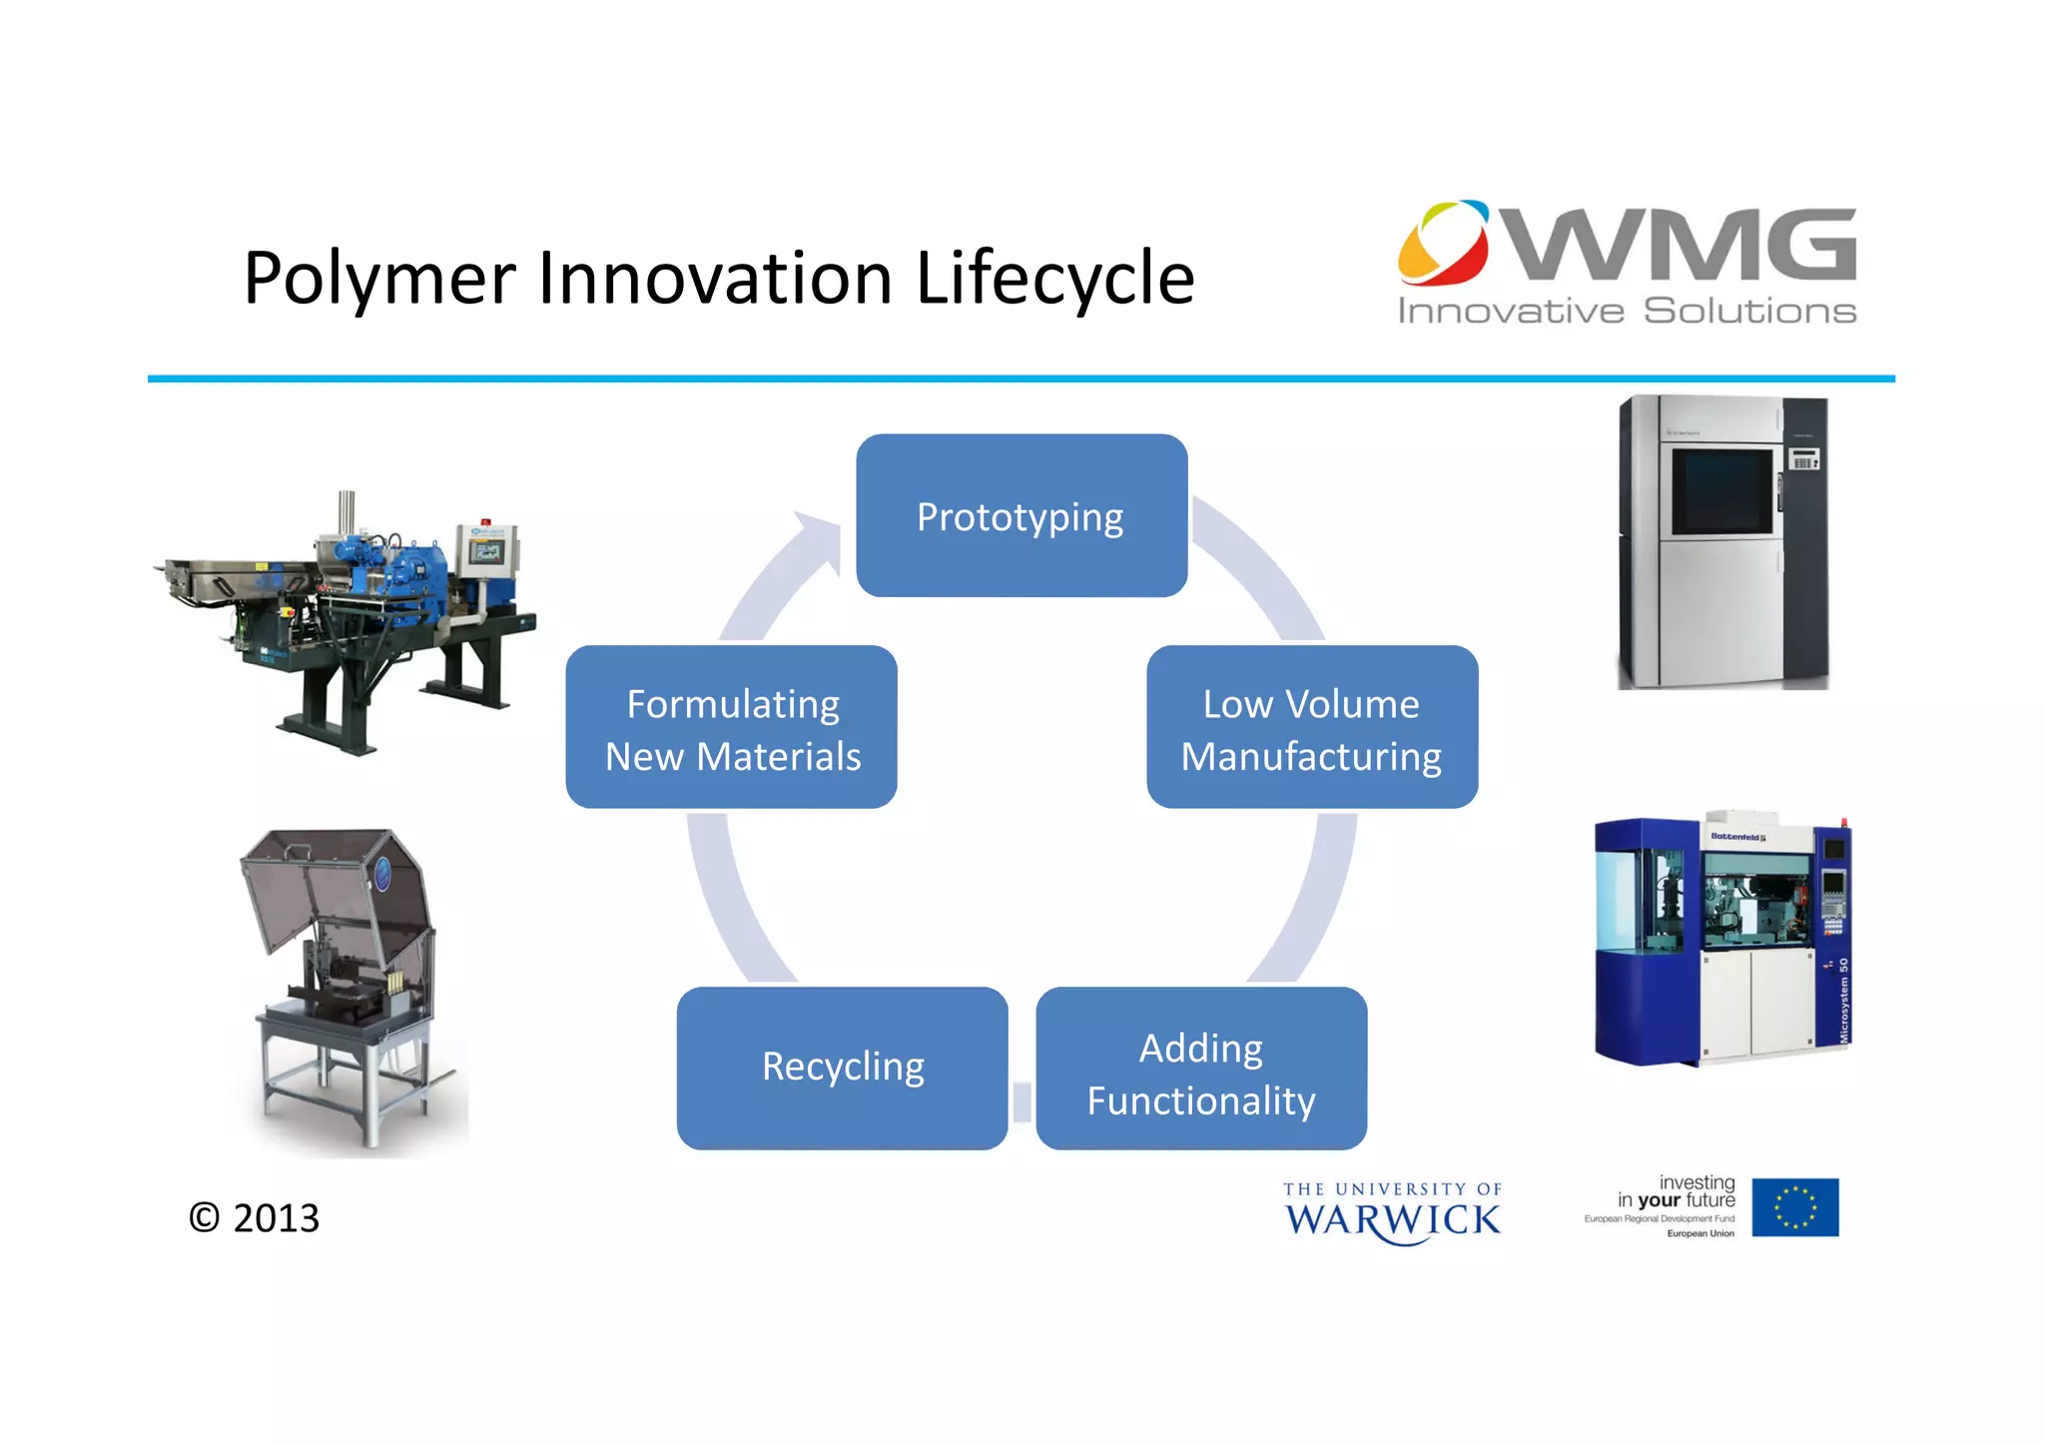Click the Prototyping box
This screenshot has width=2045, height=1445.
(1021, 515)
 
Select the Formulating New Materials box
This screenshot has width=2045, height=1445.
(731, 727)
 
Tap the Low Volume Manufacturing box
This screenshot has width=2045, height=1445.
(1311, 727)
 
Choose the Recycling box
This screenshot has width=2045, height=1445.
(842, 1068)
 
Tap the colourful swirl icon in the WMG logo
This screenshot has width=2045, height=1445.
(1443, 243)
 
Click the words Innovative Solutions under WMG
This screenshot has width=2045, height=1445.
(1626, 312)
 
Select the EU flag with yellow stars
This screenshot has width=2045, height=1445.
(1794, 1207)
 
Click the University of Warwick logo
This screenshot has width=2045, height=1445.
(1392, 1212)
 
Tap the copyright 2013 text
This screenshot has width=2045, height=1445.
(255, 1217)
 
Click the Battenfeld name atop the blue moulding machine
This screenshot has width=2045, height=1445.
(1737, 837)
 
